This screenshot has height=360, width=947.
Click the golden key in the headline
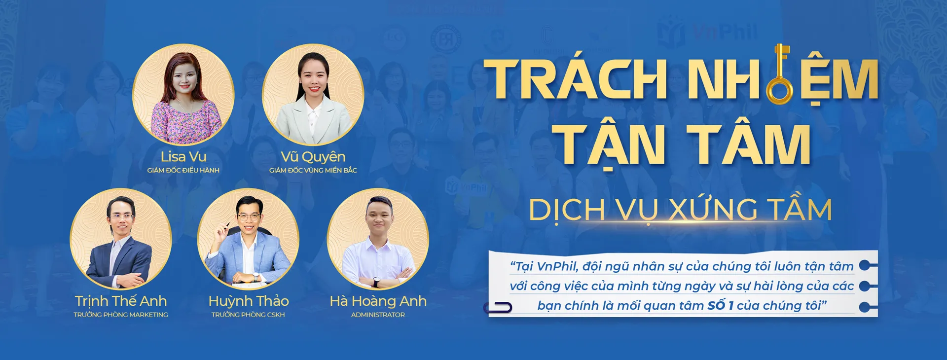click(x=780, y=74)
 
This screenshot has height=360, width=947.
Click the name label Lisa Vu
click(x=183, y=157)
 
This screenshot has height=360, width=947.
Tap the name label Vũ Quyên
click(x=313, y=157)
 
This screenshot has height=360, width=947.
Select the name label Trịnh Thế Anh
click(x=121, y=301)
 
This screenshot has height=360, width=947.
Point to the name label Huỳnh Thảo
click(x=249, y=301)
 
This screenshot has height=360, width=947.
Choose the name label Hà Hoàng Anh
click(x=378, y=301)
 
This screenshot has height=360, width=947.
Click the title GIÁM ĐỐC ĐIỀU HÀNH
click(x=183, y=170)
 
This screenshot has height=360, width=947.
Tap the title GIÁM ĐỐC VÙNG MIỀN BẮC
click(x=313, y=170)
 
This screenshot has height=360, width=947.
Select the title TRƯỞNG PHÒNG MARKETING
click(x=121, y=315)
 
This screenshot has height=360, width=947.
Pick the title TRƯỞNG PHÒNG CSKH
click(x=248, y=315)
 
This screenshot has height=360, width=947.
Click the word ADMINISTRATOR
click(x=378, y=315)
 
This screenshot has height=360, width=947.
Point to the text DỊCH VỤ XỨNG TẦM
click(x=681, y=210)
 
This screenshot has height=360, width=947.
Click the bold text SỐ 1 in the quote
click(x=721, y=306)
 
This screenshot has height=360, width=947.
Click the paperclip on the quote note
click(x=498, y=308)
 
